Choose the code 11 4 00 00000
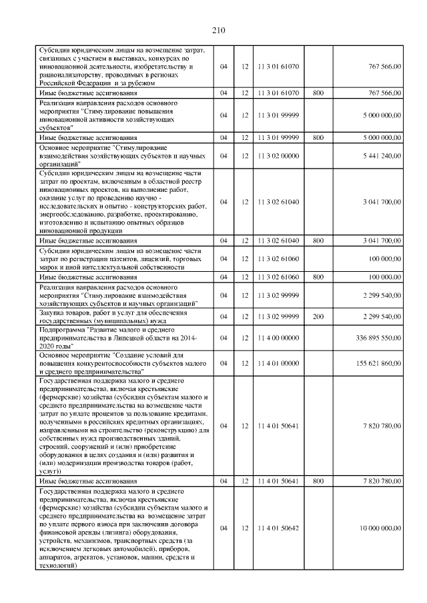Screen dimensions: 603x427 (278, 338)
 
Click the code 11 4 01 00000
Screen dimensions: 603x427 (278, 363)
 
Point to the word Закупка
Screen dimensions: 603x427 (53, 312)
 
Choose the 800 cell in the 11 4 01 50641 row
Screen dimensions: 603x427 (318, 480)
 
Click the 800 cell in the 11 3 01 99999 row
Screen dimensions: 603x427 (318, 137)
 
